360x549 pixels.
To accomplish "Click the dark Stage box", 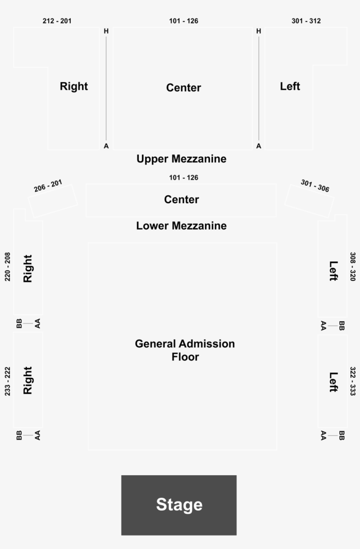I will (x=179, y=505).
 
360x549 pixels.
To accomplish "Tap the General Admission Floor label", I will (x=184, y=350).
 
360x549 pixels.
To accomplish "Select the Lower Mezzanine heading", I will (x=181, y=226).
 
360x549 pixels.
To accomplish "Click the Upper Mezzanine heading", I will (x=181, y=159).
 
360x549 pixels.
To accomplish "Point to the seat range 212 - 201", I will (x=57, y=21).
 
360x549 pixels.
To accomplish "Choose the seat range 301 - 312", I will (x=306, y=21).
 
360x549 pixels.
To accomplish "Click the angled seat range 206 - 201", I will (x=48, y=186).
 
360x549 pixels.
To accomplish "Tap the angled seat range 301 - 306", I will (x=315, y=186).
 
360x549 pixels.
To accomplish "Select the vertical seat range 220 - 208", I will (x=7, y=267).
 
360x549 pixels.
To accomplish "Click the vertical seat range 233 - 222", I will (x=7, y=381).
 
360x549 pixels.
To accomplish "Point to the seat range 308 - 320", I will (x=353, y=267).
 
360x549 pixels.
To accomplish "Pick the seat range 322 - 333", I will (x=353, y=381).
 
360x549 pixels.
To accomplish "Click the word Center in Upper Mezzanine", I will (x=184, y=88).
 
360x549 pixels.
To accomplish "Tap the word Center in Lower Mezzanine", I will (x=181, y=200).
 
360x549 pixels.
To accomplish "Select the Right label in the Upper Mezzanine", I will (x=74, y=86).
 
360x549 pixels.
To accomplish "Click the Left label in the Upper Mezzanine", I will (x=290, y=86).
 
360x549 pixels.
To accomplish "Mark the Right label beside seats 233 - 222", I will (x=28, y=380).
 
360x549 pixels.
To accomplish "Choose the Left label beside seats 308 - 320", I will (x=334, y=271).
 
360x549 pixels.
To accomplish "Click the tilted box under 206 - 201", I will (x=53, y=201).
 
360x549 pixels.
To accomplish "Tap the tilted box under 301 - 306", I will (x=309, y=201).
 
